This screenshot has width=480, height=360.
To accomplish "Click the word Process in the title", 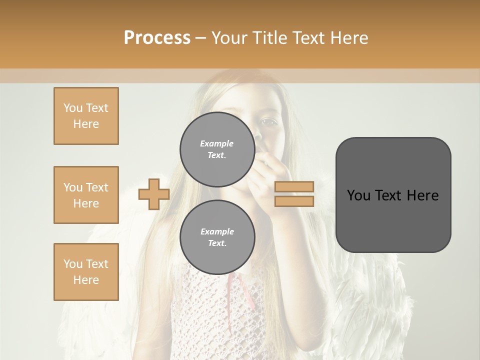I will [x=157, y=38].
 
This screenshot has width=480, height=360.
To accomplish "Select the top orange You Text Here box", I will [x=86, y=116].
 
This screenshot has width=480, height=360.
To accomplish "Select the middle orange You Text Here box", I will [x=86, y=195].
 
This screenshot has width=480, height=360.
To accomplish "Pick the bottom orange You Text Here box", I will [x=86, y=272].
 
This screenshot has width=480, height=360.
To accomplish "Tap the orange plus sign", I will [x=154, y=194].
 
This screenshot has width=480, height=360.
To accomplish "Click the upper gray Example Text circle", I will [x=217, y=149].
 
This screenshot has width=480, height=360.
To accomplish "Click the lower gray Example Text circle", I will [x=217, y=237].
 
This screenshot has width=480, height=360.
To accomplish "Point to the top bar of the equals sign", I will [x=294, y=187].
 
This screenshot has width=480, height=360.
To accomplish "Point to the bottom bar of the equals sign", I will [x=294, y=201].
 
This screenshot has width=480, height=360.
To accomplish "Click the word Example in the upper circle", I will [x=217, y=143].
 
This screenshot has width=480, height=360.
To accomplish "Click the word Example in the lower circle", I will [x=217, y=231].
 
